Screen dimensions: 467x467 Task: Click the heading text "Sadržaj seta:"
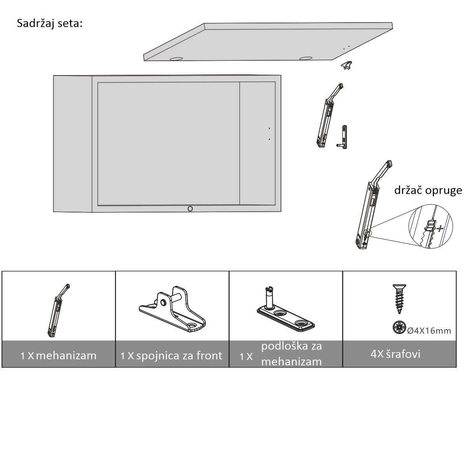50,24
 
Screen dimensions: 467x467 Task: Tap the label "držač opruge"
428,190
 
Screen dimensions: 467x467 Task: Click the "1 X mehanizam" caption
58,356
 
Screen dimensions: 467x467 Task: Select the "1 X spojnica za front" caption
171,356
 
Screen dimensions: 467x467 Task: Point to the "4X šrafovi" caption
395,354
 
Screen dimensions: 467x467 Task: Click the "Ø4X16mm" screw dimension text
429,331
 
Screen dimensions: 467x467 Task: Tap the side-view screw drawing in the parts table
399,299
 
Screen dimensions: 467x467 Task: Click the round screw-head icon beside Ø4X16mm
399,327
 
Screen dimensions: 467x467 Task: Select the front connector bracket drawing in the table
172,309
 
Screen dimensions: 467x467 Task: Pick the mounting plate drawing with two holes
286,310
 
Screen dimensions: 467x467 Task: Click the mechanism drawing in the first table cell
58,311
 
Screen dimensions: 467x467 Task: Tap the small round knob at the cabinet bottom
190,209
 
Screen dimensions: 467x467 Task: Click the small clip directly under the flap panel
347,65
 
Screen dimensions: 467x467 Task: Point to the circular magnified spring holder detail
430,226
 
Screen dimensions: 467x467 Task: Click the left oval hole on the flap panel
176,59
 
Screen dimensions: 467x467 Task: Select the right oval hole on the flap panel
306,58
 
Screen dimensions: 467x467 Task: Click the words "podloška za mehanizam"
291,354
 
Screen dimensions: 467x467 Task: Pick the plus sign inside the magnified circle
440,228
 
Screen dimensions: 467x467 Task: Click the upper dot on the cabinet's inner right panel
269,128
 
